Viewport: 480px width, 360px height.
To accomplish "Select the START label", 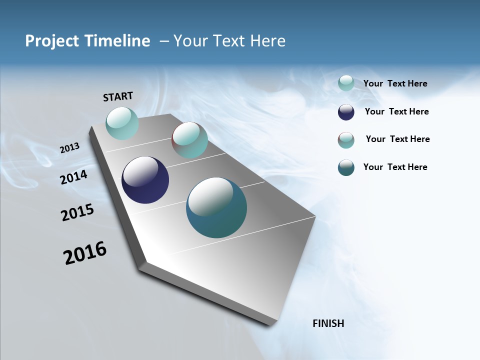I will [x=118, y=96].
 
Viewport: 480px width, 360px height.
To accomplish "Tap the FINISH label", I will [x=328, y=323].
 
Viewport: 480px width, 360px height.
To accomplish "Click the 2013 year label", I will [x=69, y=148].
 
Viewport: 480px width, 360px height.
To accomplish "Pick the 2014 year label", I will [x=74, y=177].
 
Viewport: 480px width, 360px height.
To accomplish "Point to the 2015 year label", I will [x=77, y=212].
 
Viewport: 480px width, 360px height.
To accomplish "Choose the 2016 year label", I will [x=85, y=253].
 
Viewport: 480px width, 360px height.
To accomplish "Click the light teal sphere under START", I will [x=122, y=123].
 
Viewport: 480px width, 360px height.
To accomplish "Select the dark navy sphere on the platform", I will [x=145, y=180].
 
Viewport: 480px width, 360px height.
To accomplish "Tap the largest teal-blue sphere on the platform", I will [x=216, y=207].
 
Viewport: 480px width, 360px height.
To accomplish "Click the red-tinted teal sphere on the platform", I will [x=189, y=140].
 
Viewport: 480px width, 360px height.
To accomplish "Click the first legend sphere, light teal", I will [x=346, y=83].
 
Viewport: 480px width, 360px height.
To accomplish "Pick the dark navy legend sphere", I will [x=346, y=112].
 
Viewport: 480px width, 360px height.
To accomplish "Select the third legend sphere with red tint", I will [x=346, y=140].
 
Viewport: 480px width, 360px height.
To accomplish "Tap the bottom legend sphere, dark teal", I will [x=346, y=167].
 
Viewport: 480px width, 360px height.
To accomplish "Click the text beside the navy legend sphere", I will [x=396, y=111].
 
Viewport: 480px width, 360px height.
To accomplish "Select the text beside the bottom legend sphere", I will [x=395, y=167].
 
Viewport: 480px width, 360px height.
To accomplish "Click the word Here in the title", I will [x=267, y=41].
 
